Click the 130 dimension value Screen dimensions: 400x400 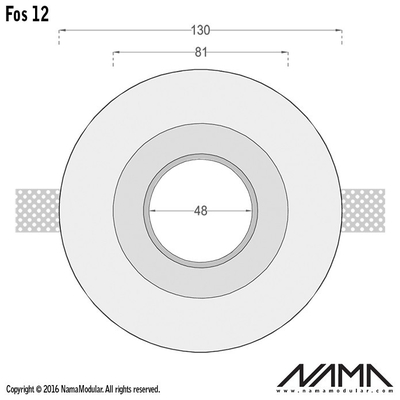201,30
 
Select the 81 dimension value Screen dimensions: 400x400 201,52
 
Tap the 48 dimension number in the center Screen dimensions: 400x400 200,211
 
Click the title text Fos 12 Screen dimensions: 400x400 27,14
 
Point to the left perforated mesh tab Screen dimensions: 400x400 37,211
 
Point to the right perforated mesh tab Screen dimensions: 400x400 363,211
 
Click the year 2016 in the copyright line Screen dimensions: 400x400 51,389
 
